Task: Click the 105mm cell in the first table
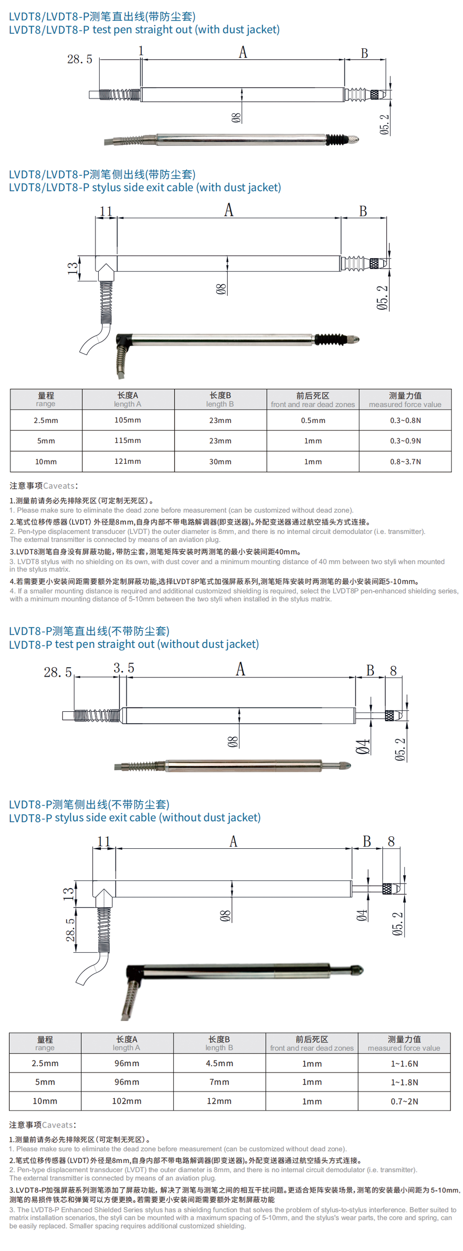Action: click(x=128, y=420)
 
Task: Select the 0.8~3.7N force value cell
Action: click(x=405, y=461)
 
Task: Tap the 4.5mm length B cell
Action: click(x=219, y=1063)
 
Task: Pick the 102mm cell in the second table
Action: click(x=127, y=1101)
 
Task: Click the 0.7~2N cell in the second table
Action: click(x=404, y=1101)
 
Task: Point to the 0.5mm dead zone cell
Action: click(x=313, y=420)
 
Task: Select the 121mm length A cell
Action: click(x=128, y=461)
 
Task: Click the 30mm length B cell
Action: click(x=220, y=461)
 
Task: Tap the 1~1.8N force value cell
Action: click(x=404, y=1082)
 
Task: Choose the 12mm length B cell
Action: click(x=219, y=1101)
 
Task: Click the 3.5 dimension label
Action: click(x=124, y=668)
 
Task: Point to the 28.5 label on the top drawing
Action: click(x=80, y=59)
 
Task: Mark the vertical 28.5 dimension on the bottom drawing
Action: click(x=71, y=929)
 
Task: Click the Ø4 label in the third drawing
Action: click(x=363, y=746)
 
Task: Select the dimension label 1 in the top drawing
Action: click(x=141, y=51)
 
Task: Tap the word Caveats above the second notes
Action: click(x=58, y=1125)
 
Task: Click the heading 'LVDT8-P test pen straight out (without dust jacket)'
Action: click(x=133, y=644)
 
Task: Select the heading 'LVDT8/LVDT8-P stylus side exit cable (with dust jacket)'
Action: click(x=144, y=188)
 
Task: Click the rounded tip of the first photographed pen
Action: click(x=355, y=139)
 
